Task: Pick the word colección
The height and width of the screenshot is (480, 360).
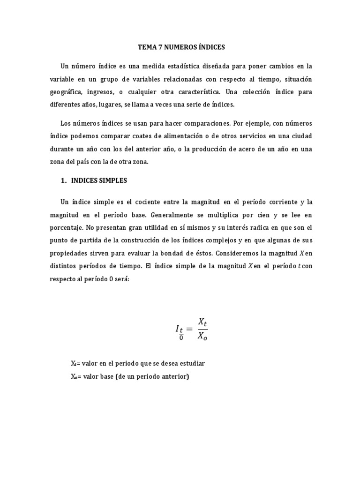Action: (253, 92)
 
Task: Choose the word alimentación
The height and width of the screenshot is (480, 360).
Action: (164, 136)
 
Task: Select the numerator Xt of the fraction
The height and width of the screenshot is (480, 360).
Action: (202, 322)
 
